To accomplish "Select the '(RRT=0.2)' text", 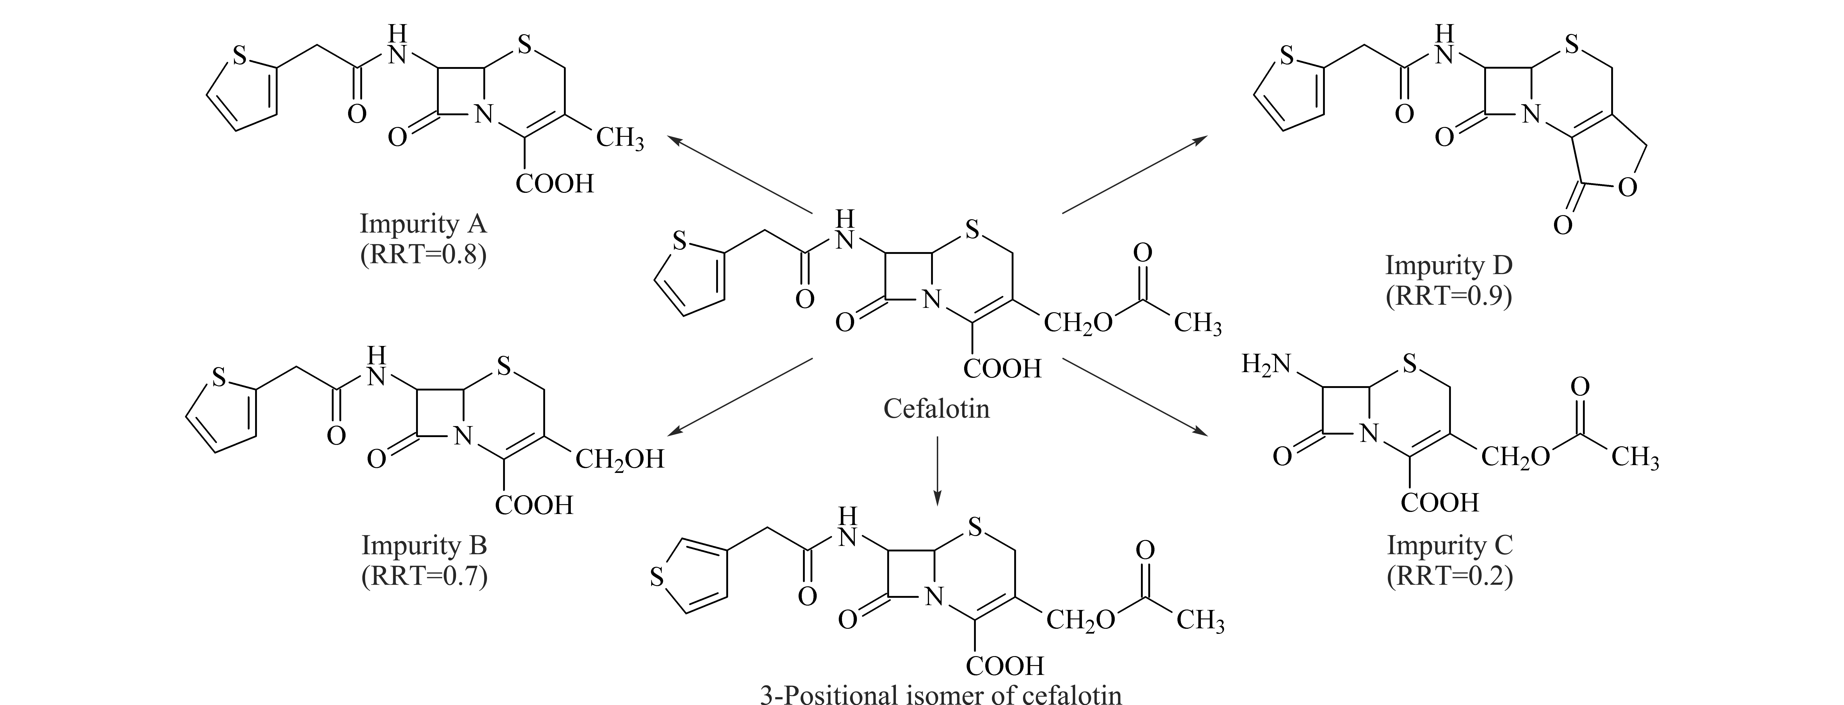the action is (x=1450, y=576).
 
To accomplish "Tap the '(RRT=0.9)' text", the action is (x=1449, y=296).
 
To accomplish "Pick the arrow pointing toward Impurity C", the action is (x=1134, y=396).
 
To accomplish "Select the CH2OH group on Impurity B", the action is (x=620, y=459).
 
